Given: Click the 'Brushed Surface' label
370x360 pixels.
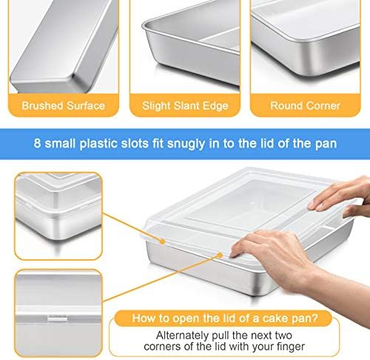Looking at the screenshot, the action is [64, 106].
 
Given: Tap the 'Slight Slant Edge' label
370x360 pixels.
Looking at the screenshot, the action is [185, 106].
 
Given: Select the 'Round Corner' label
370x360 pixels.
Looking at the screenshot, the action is [305, 106].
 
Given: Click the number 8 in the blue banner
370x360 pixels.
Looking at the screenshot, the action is [37, 143].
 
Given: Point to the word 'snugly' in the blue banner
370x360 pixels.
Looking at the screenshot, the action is [186, 144].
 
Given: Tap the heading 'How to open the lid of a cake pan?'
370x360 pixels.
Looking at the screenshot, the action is [225, 318].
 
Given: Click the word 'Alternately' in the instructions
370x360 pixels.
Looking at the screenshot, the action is [182, 336].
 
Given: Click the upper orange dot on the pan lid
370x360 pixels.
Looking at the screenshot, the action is [162, 241].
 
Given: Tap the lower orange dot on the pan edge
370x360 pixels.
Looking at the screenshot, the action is [220, 255].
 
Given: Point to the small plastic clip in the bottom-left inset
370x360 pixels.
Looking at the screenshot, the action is [57, 319].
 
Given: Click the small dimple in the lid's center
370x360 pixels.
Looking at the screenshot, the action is [252, 204].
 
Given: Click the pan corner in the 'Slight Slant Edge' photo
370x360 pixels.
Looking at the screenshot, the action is [147, 27].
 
